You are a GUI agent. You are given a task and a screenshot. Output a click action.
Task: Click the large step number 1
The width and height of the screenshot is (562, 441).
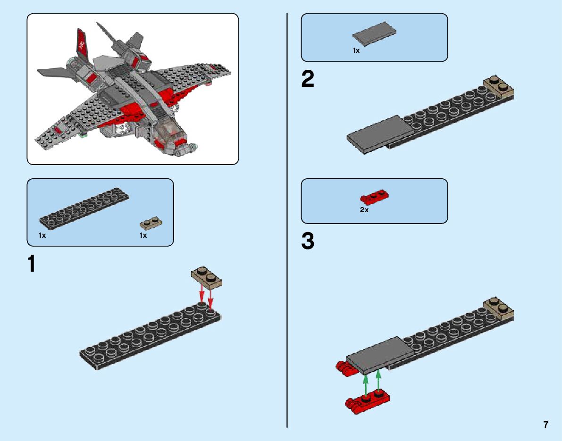32,265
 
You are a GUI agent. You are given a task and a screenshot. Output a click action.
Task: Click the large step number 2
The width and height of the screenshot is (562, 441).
308,79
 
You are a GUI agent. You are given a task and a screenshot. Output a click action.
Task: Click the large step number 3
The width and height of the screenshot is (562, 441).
308,241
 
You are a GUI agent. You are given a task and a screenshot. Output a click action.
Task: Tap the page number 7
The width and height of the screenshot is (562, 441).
545,424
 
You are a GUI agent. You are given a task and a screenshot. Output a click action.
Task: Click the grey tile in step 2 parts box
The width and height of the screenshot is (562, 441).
374,34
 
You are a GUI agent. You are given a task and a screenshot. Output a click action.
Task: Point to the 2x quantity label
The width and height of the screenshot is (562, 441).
364,210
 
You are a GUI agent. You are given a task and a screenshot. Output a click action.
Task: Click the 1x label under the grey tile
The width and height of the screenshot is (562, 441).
356,50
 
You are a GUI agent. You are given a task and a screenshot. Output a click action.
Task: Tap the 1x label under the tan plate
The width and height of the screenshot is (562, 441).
143,235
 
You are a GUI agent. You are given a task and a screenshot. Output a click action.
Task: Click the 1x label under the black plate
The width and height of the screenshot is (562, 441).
42,235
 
